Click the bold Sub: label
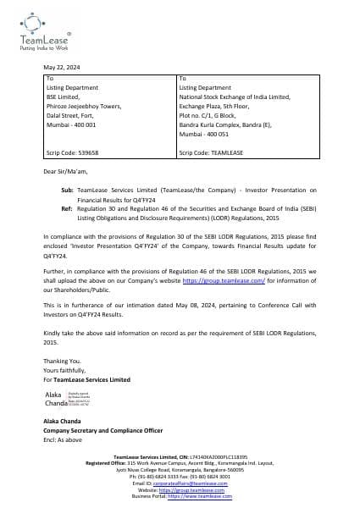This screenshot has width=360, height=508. pos(68,190)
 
